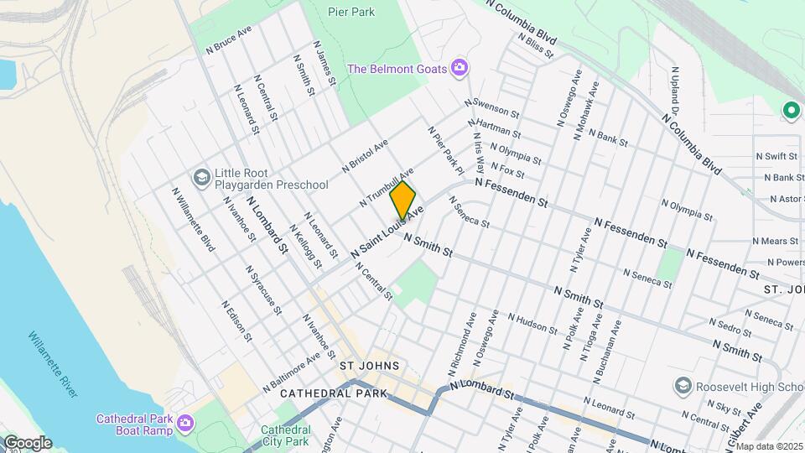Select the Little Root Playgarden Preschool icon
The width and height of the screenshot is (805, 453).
201,177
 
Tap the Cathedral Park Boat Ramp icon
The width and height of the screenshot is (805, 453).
186,424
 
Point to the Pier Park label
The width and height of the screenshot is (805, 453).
351,13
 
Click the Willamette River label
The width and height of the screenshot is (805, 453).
53,362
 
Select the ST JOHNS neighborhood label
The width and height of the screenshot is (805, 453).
369,367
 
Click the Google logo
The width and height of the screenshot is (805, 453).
27,443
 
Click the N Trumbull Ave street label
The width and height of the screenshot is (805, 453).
387,186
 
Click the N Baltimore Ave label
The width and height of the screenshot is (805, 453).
291,370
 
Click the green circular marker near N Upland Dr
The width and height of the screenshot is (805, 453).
789,110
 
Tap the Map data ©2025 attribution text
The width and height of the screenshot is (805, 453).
769,446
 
